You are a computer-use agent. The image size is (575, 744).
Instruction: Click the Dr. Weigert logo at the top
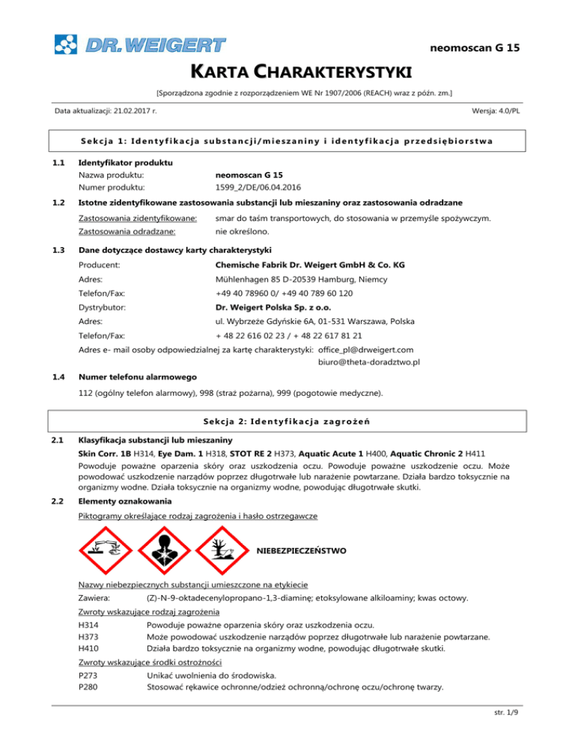pyautogui.click(x=139, y=44)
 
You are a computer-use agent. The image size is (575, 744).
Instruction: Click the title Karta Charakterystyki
pyautogui.click(x=287, y=73)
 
